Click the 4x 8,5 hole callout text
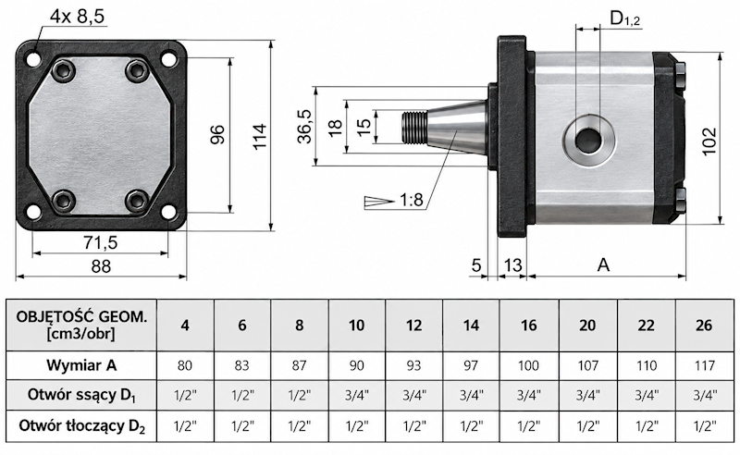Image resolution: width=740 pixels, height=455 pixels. [77, 17]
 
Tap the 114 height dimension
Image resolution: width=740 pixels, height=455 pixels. [259, 136]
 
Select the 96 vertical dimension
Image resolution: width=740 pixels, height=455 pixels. [217, 134]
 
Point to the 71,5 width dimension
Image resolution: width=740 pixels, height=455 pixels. [101, 242]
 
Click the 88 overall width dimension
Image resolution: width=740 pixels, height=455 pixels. [101, 266]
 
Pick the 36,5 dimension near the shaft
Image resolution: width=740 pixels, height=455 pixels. [305, 126]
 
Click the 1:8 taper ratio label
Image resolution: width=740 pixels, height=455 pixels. [412, 200]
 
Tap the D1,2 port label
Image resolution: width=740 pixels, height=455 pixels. [625, 18]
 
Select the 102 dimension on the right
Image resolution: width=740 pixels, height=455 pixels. [709, 141]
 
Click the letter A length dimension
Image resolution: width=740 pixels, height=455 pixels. [604, 265]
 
